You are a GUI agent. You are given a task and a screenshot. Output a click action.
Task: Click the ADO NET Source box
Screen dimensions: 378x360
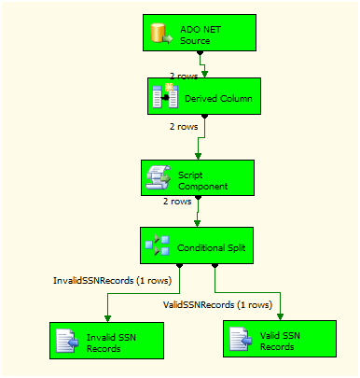click(200, 34)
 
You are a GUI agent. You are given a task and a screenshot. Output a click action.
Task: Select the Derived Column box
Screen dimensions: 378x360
click(201, 96)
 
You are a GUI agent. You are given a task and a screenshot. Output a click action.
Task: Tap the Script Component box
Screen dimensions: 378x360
click(196, 176)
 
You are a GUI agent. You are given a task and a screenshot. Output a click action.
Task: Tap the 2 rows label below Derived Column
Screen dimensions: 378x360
click(182, 125)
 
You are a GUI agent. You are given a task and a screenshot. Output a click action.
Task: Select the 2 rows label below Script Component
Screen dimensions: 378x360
click(178, 200)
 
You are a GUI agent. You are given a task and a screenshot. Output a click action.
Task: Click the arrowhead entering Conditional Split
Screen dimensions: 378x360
click(196, 223)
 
